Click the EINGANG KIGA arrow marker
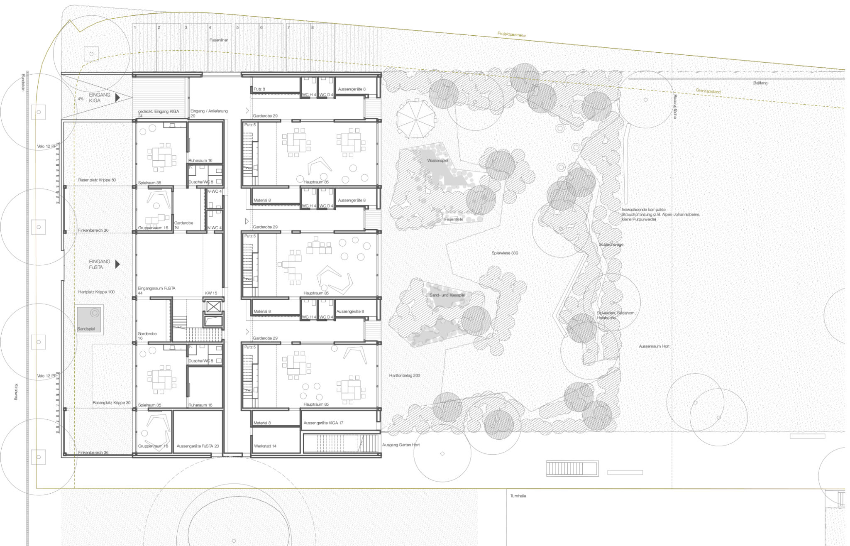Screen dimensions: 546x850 click(117, 98)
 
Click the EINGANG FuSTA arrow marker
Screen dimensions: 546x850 click(117, 264)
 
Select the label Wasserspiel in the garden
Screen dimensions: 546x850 click(437, 160)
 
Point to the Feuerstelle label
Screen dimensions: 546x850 click(453, 219)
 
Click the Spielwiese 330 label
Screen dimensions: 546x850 click(505, 253)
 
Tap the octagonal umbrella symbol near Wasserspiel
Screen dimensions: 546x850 click(415, 119)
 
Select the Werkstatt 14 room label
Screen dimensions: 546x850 click(265, 446)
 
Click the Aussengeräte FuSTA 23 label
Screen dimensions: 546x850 click(198, 446)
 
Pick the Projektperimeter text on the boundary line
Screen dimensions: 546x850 click(512, 35)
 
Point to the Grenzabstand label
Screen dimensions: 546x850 click(708, 91)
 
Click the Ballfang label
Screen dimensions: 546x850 click(760, 83)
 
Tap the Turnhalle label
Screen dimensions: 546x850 click(518, 496)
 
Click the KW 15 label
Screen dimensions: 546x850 click(211, 293)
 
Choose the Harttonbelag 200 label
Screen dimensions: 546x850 click(404, 375)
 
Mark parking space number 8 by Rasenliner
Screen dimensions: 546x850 click(313, 27)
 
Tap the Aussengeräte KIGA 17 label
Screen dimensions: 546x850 click(323, 423)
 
